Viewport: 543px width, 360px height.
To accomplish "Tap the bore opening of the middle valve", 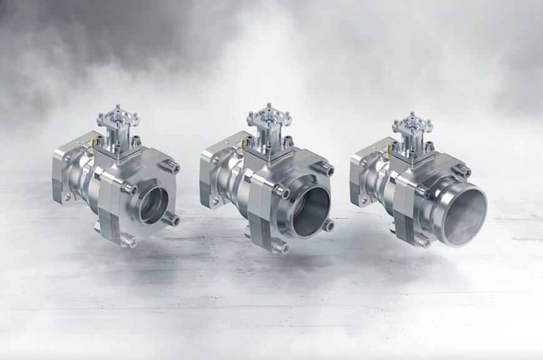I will pos(310,211).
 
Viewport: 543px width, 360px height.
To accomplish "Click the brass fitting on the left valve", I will pos(94,145).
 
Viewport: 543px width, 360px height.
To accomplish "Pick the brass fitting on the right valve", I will pos(389,147).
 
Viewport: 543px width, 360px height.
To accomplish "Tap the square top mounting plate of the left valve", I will pos(117,117).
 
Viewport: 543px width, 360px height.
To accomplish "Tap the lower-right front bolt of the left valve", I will pos(173,220).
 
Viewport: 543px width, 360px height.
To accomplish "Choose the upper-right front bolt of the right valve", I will pos(464,170).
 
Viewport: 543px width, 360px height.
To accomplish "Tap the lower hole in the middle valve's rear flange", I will pos(215,201).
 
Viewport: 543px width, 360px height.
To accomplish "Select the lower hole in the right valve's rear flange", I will pos(364,200).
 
